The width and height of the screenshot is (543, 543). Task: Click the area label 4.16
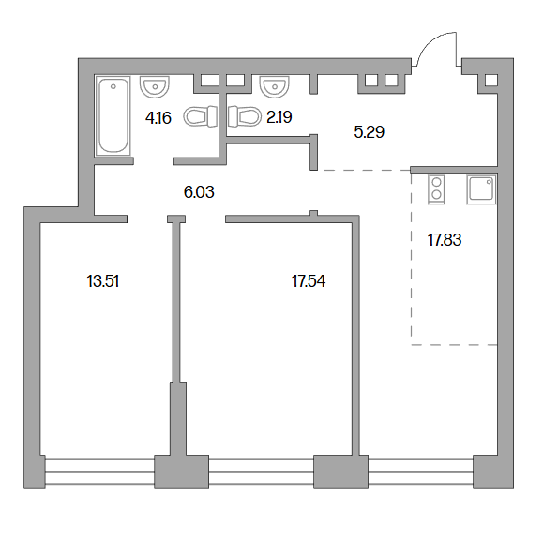click(x=158, y=118)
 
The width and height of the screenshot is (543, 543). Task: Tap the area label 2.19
click(x=279, y=117)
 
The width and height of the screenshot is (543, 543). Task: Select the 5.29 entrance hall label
click(x=370, y=132)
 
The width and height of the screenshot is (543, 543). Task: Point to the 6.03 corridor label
click(x=199, y=192)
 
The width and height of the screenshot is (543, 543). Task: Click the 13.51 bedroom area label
click(x=103, y=281)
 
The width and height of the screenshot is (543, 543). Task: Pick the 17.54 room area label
click(x=309, y=281)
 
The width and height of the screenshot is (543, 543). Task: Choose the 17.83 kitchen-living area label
click(x=445, y=240)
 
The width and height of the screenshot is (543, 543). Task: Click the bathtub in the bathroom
click(x=113, y=115)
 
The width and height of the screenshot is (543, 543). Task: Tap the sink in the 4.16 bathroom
click(x=155, y=86)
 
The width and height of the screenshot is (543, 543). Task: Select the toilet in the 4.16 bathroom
click(x=200, y=116)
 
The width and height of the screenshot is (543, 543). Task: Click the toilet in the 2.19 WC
click(x=245, y=116)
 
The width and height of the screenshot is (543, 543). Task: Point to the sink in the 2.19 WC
click(x=274, y=86)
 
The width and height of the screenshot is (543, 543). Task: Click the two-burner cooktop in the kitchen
click(x=436, y=189)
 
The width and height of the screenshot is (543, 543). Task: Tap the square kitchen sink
click(x=481, y=189)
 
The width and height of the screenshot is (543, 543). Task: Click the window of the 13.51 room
click(x=99, y=472)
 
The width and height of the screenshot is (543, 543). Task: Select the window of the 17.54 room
click(x=262, y=472)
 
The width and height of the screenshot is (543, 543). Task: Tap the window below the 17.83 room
click(x=420, y=472)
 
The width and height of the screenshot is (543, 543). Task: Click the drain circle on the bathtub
click(x=113, y=86)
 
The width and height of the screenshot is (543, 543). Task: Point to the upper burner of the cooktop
click(x=436, y=182)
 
